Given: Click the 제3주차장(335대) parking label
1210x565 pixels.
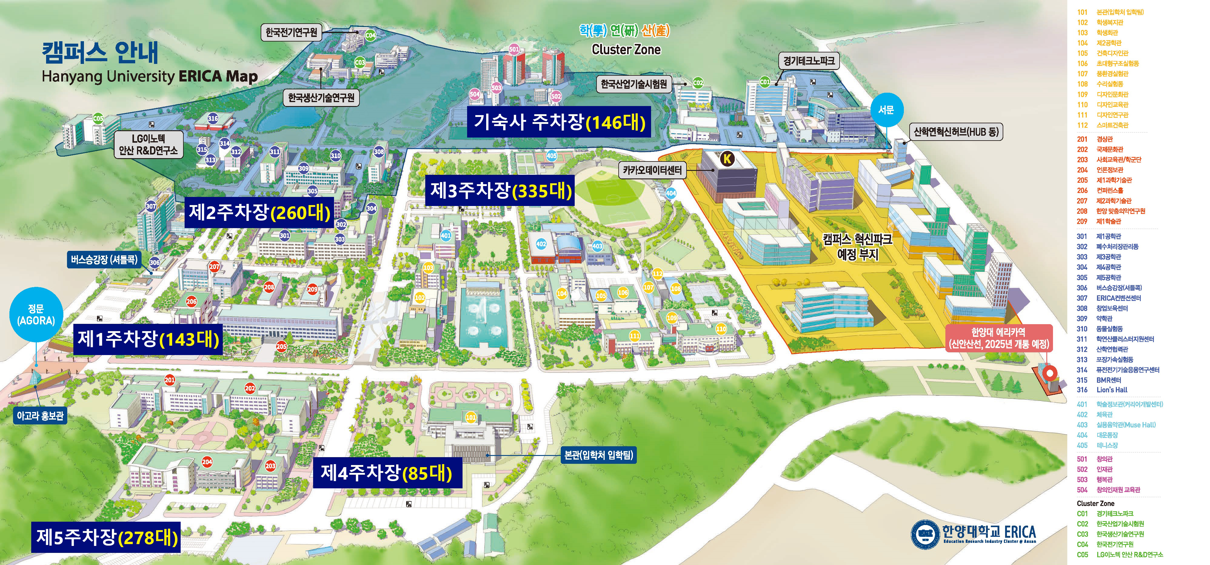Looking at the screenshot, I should click(x=501, y=191).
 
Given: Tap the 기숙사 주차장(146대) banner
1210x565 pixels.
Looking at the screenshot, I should click(x=559, y=122).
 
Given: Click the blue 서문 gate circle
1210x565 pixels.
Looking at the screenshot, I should click(x=886, y=110).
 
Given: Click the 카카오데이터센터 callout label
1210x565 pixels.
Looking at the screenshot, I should click(x=653, y=170).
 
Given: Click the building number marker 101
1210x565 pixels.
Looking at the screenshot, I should click(x=471, y=417).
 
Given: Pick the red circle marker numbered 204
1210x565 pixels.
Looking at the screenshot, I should click(x=207, y=462).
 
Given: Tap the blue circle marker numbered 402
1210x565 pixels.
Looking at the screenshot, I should click(x=541, y=244).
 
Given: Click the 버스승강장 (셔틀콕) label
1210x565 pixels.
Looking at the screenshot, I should click(x=104, y=259).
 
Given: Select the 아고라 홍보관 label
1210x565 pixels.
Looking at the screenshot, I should click(x=40, y=416).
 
